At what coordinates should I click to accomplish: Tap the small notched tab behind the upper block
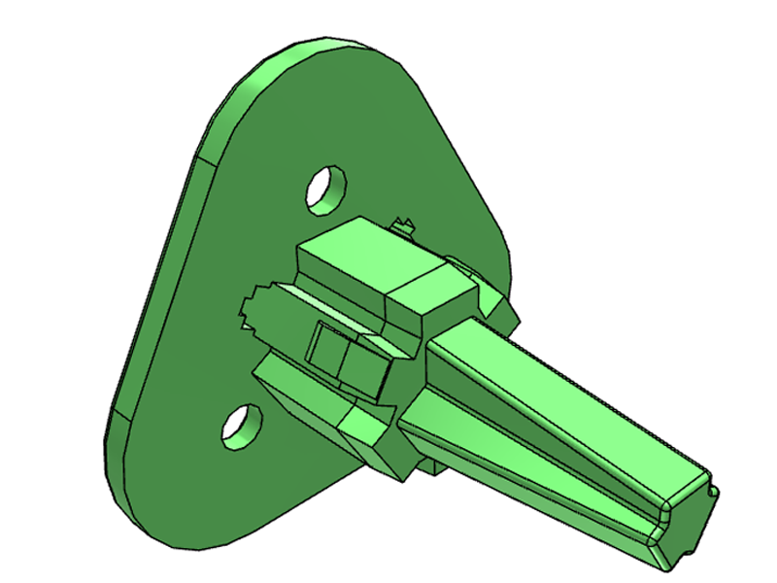(x=406, y=226)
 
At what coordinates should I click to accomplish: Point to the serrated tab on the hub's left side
(x=252, y=309)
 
